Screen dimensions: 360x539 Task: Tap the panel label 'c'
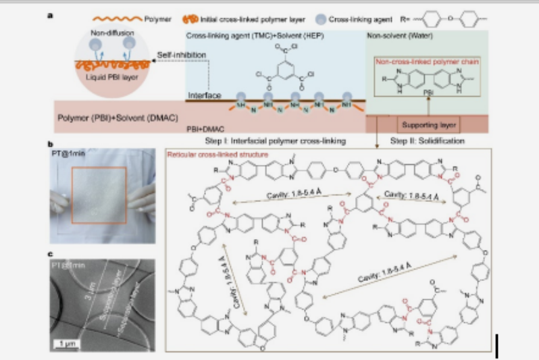pyautogui.click(x=50, y=253)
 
